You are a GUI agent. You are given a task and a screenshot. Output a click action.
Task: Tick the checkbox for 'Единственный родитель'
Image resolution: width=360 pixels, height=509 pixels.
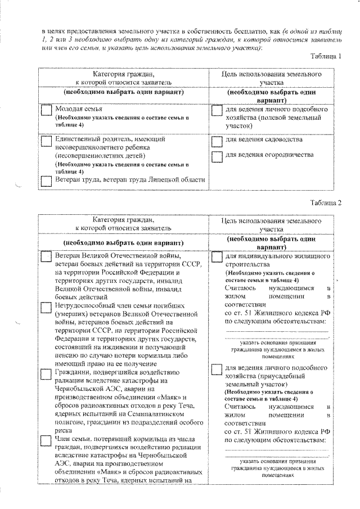pyautogui.click(x=47, y=141)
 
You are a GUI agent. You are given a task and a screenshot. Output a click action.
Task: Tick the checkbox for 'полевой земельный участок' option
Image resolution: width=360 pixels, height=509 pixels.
pyautogui.click(x=217, y=111)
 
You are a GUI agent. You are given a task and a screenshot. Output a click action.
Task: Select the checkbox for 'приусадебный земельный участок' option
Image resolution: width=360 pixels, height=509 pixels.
pyautogui.click(x=217, y=368)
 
